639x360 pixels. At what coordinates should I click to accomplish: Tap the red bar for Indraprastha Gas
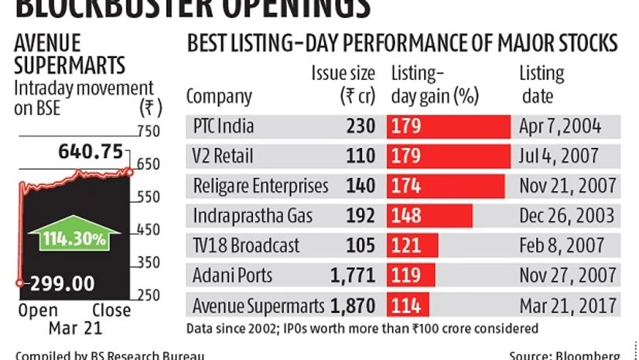pyautogui.click(x=430, y=215)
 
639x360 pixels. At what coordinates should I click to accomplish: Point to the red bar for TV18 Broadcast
pyautogui.click(x=413, y=245)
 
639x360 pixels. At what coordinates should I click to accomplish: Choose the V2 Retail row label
pyautogui.click(x=221, y=156)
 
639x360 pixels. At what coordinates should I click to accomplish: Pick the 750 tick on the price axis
pyautogui.click(x=148, y=132)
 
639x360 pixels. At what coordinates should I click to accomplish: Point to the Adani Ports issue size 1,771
pyautogui.click(x=353, y=275)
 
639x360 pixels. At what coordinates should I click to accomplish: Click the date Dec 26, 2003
pyautogui.click(x=567, y=215)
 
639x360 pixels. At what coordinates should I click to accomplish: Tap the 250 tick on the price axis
pyautogui.click(x=148, y=295)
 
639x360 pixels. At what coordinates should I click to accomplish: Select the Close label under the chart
pyautogui.click(x=111, y=311)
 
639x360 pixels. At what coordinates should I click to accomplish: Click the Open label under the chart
pyautogui.click(x=32, y=311)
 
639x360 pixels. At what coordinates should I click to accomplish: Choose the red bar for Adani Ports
pyautogui.click(x=412, y=275)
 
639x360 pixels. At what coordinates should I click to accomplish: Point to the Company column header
pyautogui.click(x=219, y=98)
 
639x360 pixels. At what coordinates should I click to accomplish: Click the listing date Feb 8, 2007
pyautogui.click(x=562, y=245)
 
